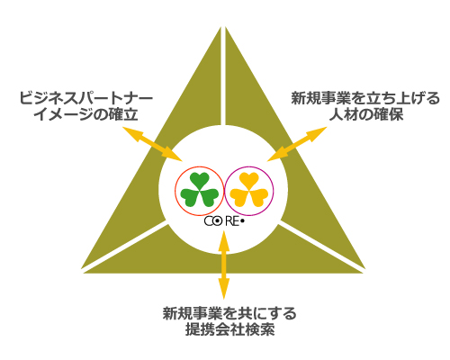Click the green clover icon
point(200,190)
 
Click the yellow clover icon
point(249,190)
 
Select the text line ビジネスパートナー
point(86,98)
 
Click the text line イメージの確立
point(86,114)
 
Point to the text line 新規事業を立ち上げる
point(365,98)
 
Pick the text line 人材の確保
point(366,114)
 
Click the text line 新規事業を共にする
point(229,314)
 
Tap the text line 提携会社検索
point(230,330)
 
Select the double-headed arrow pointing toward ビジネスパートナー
point(152,144)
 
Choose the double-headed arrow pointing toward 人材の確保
point(297,144)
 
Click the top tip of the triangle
point(223,27)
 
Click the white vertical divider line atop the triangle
point(223,76)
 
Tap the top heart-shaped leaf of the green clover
point(200,180)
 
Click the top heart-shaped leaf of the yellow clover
point(249,180)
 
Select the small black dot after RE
point(242,221)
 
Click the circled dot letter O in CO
point(218,221)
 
